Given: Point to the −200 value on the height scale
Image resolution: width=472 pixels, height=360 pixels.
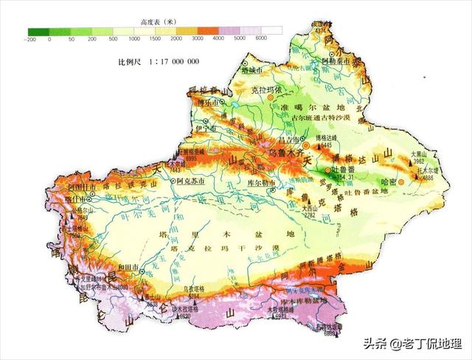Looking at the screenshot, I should [x=32, y=38].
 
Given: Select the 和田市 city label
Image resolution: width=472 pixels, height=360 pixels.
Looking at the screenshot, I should [x=107, y=268].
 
